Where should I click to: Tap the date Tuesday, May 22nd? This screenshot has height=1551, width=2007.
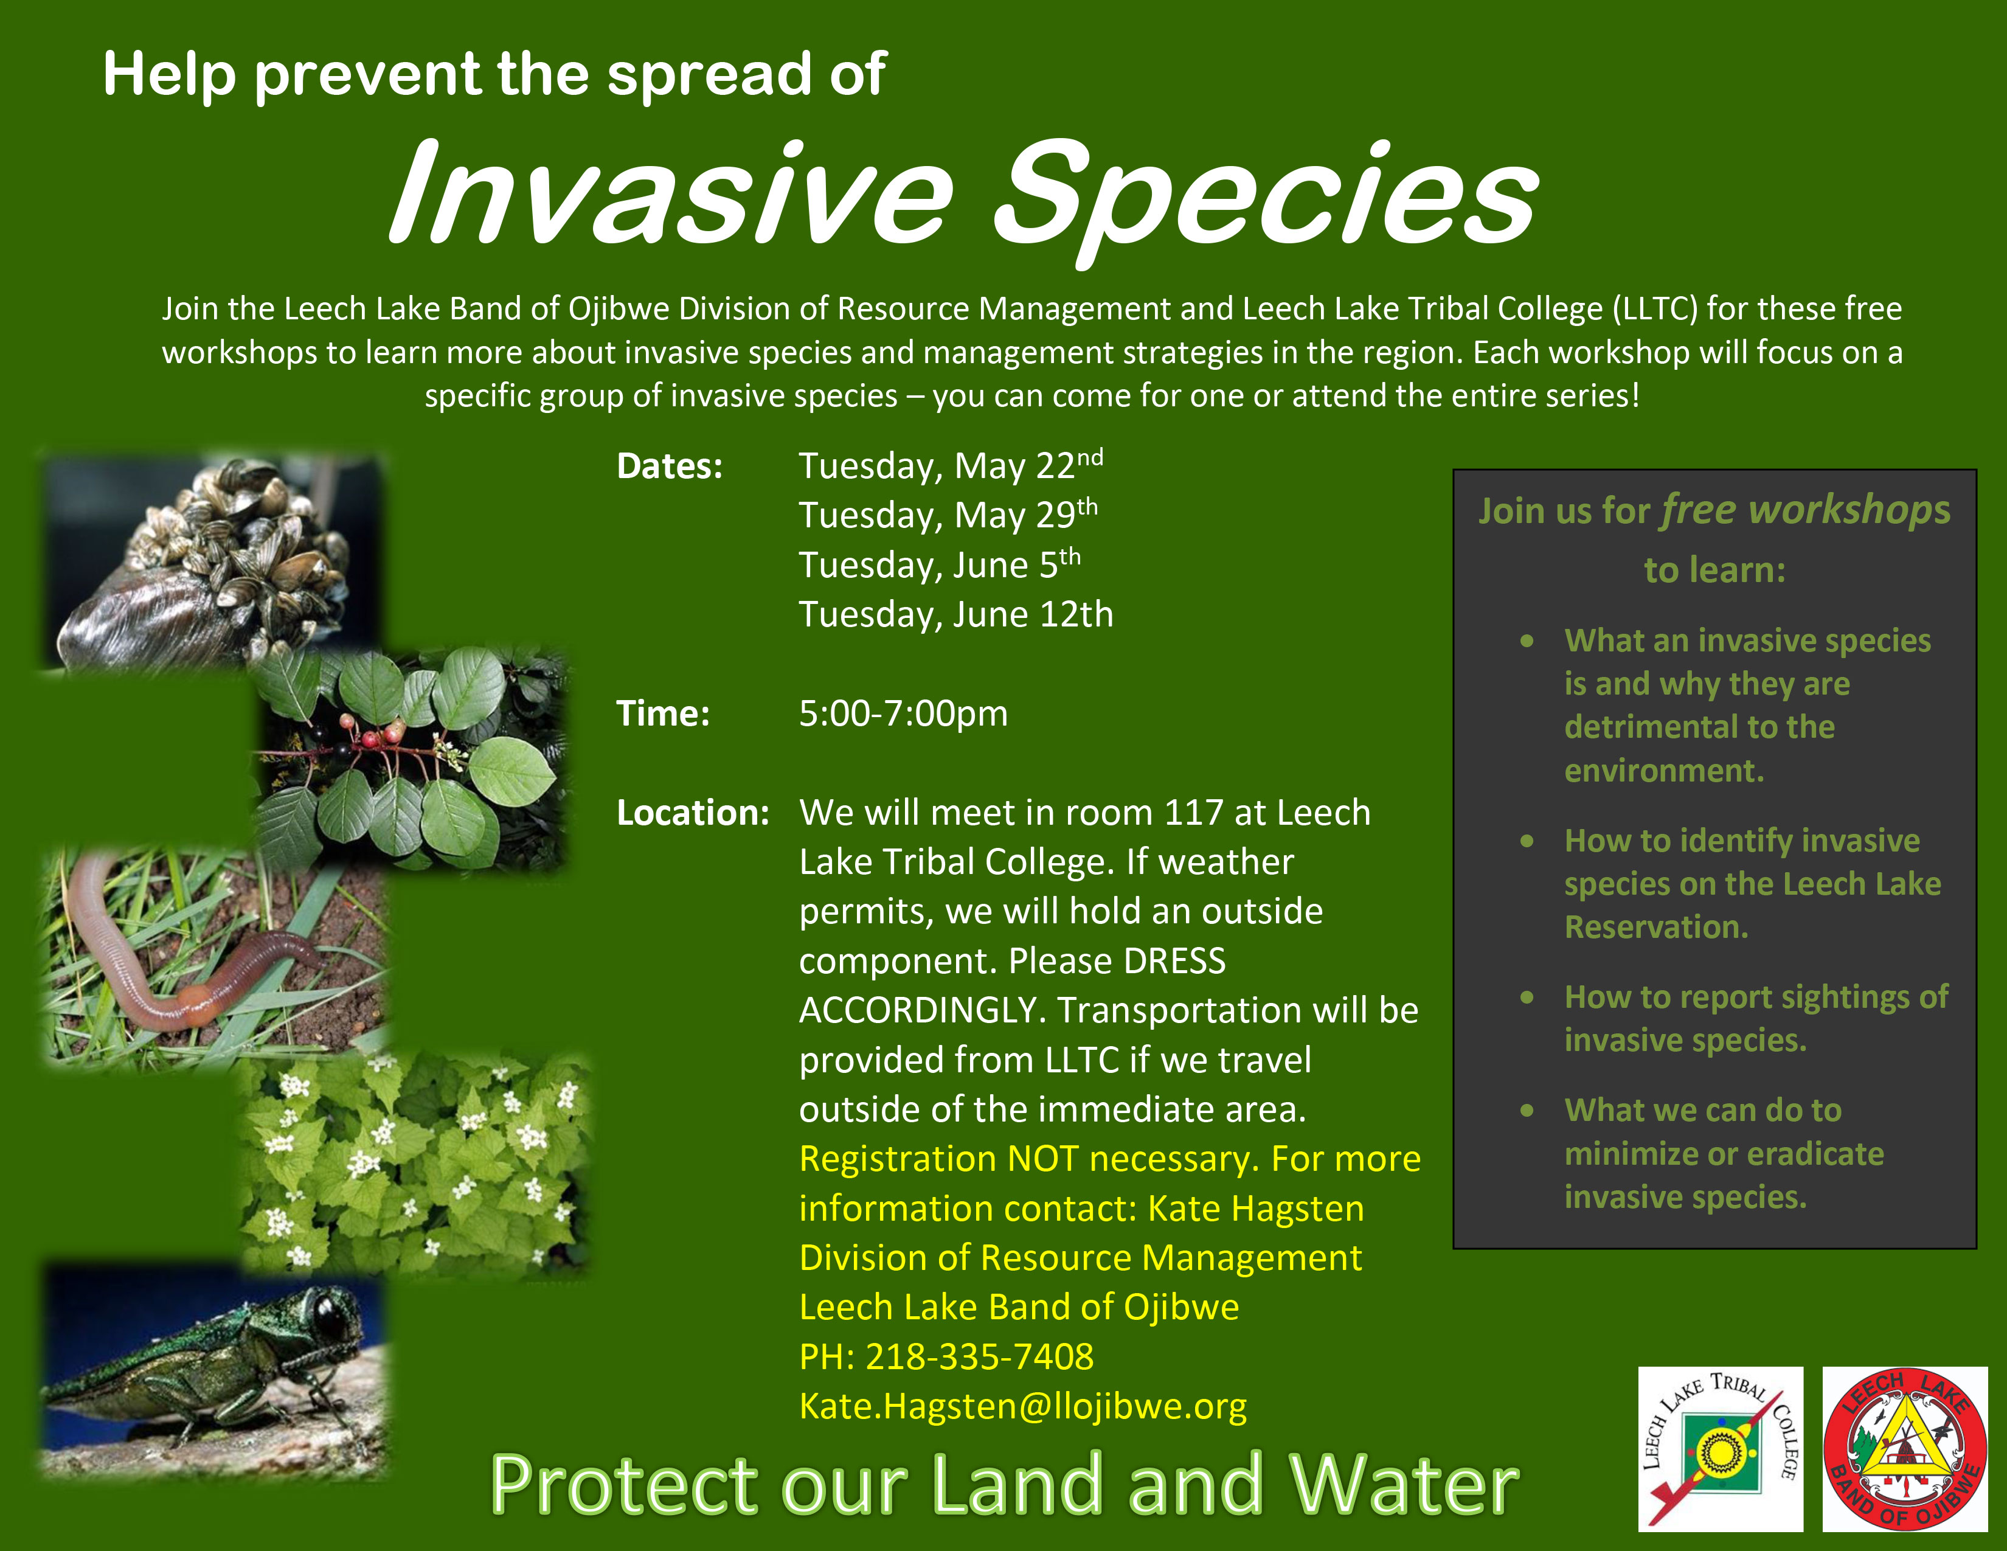(x=950, y=466)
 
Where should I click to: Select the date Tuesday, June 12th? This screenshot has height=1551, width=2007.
(x=955, y=614)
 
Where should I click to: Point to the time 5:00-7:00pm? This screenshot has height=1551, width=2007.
(x=903, y=713)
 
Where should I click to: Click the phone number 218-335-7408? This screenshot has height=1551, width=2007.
(x=980, y=1356)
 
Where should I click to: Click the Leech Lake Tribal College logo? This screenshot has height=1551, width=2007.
(x=1721, y=1449)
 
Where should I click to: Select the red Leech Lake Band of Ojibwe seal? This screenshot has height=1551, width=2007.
(x=1904, y=1449)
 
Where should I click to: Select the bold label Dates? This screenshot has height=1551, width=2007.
(x=670, y=467)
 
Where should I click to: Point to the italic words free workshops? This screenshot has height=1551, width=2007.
(x=1806, y=510)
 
